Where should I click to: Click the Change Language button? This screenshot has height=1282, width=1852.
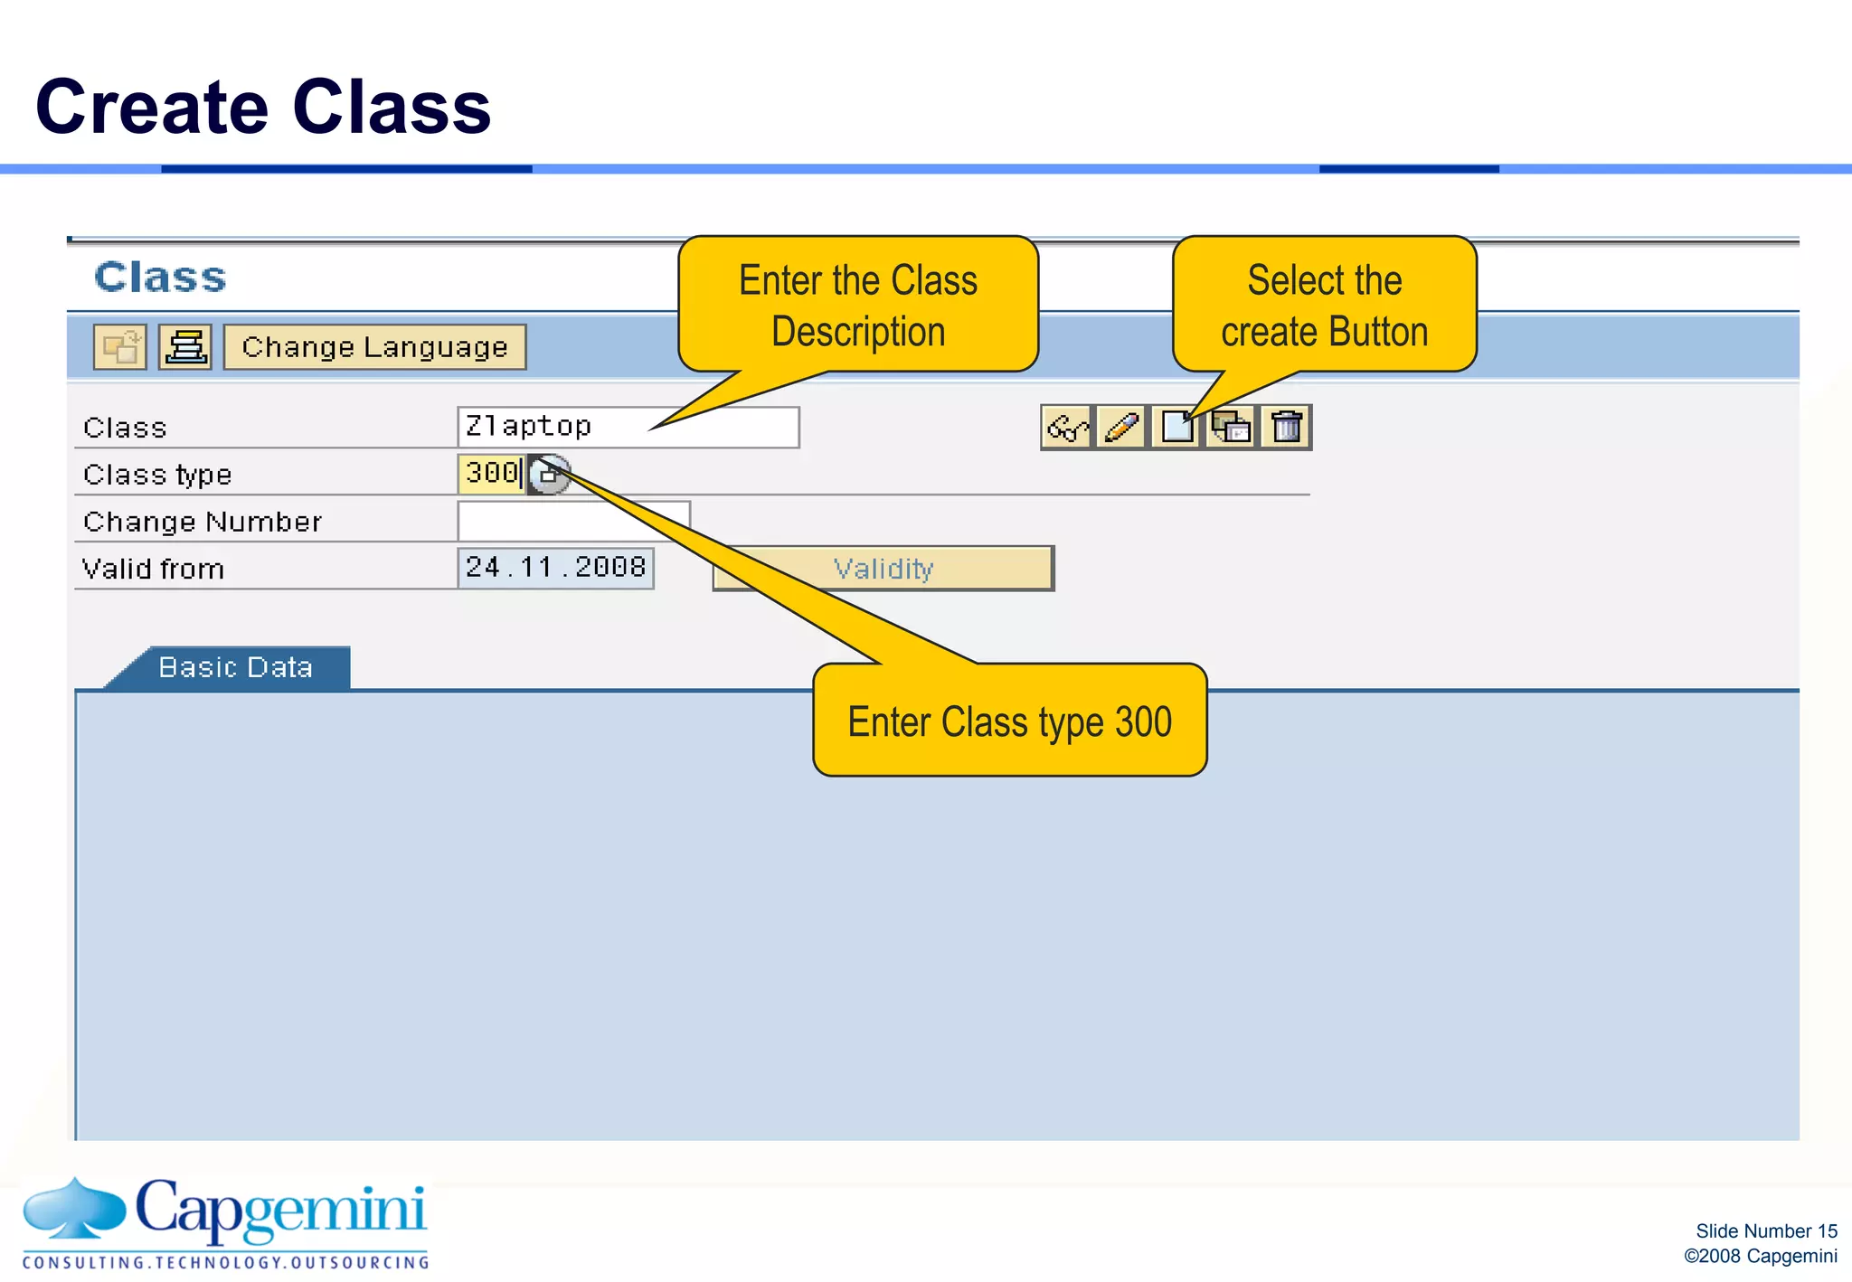374,347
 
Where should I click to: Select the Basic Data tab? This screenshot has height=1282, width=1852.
236,667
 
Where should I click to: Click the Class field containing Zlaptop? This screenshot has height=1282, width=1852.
628,427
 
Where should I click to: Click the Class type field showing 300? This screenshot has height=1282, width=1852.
490,474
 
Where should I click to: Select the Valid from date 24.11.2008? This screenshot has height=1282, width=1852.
555,568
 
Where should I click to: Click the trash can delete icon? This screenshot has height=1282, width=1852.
1286,427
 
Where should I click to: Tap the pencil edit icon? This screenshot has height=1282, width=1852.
1121,427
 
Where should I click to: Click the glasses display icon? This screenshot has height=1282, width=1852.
1067,427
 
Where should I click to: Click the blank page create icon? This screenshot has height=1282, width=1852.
1176,427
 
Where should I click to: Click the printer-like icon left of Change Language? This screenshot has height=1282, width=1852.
185,347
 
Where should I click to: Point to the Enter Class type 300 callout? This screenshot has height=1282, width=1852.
1009,721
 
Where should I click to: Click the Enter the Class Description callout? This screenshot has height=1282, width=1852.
857,305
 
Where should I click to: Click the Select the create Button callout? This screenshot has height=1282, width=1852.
1324,305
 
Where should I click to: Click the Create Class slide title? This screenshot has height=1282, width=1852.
262,107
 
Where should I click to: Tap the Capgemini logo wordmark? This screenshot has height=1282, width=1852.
280,1210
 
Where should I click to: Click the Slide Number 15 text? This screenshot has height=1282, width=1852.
1765,1230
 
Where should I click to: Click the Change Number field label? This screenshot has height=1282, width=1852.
203,522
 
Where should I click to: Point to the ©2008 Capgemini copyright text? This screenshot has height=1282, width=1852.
1760,1256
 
